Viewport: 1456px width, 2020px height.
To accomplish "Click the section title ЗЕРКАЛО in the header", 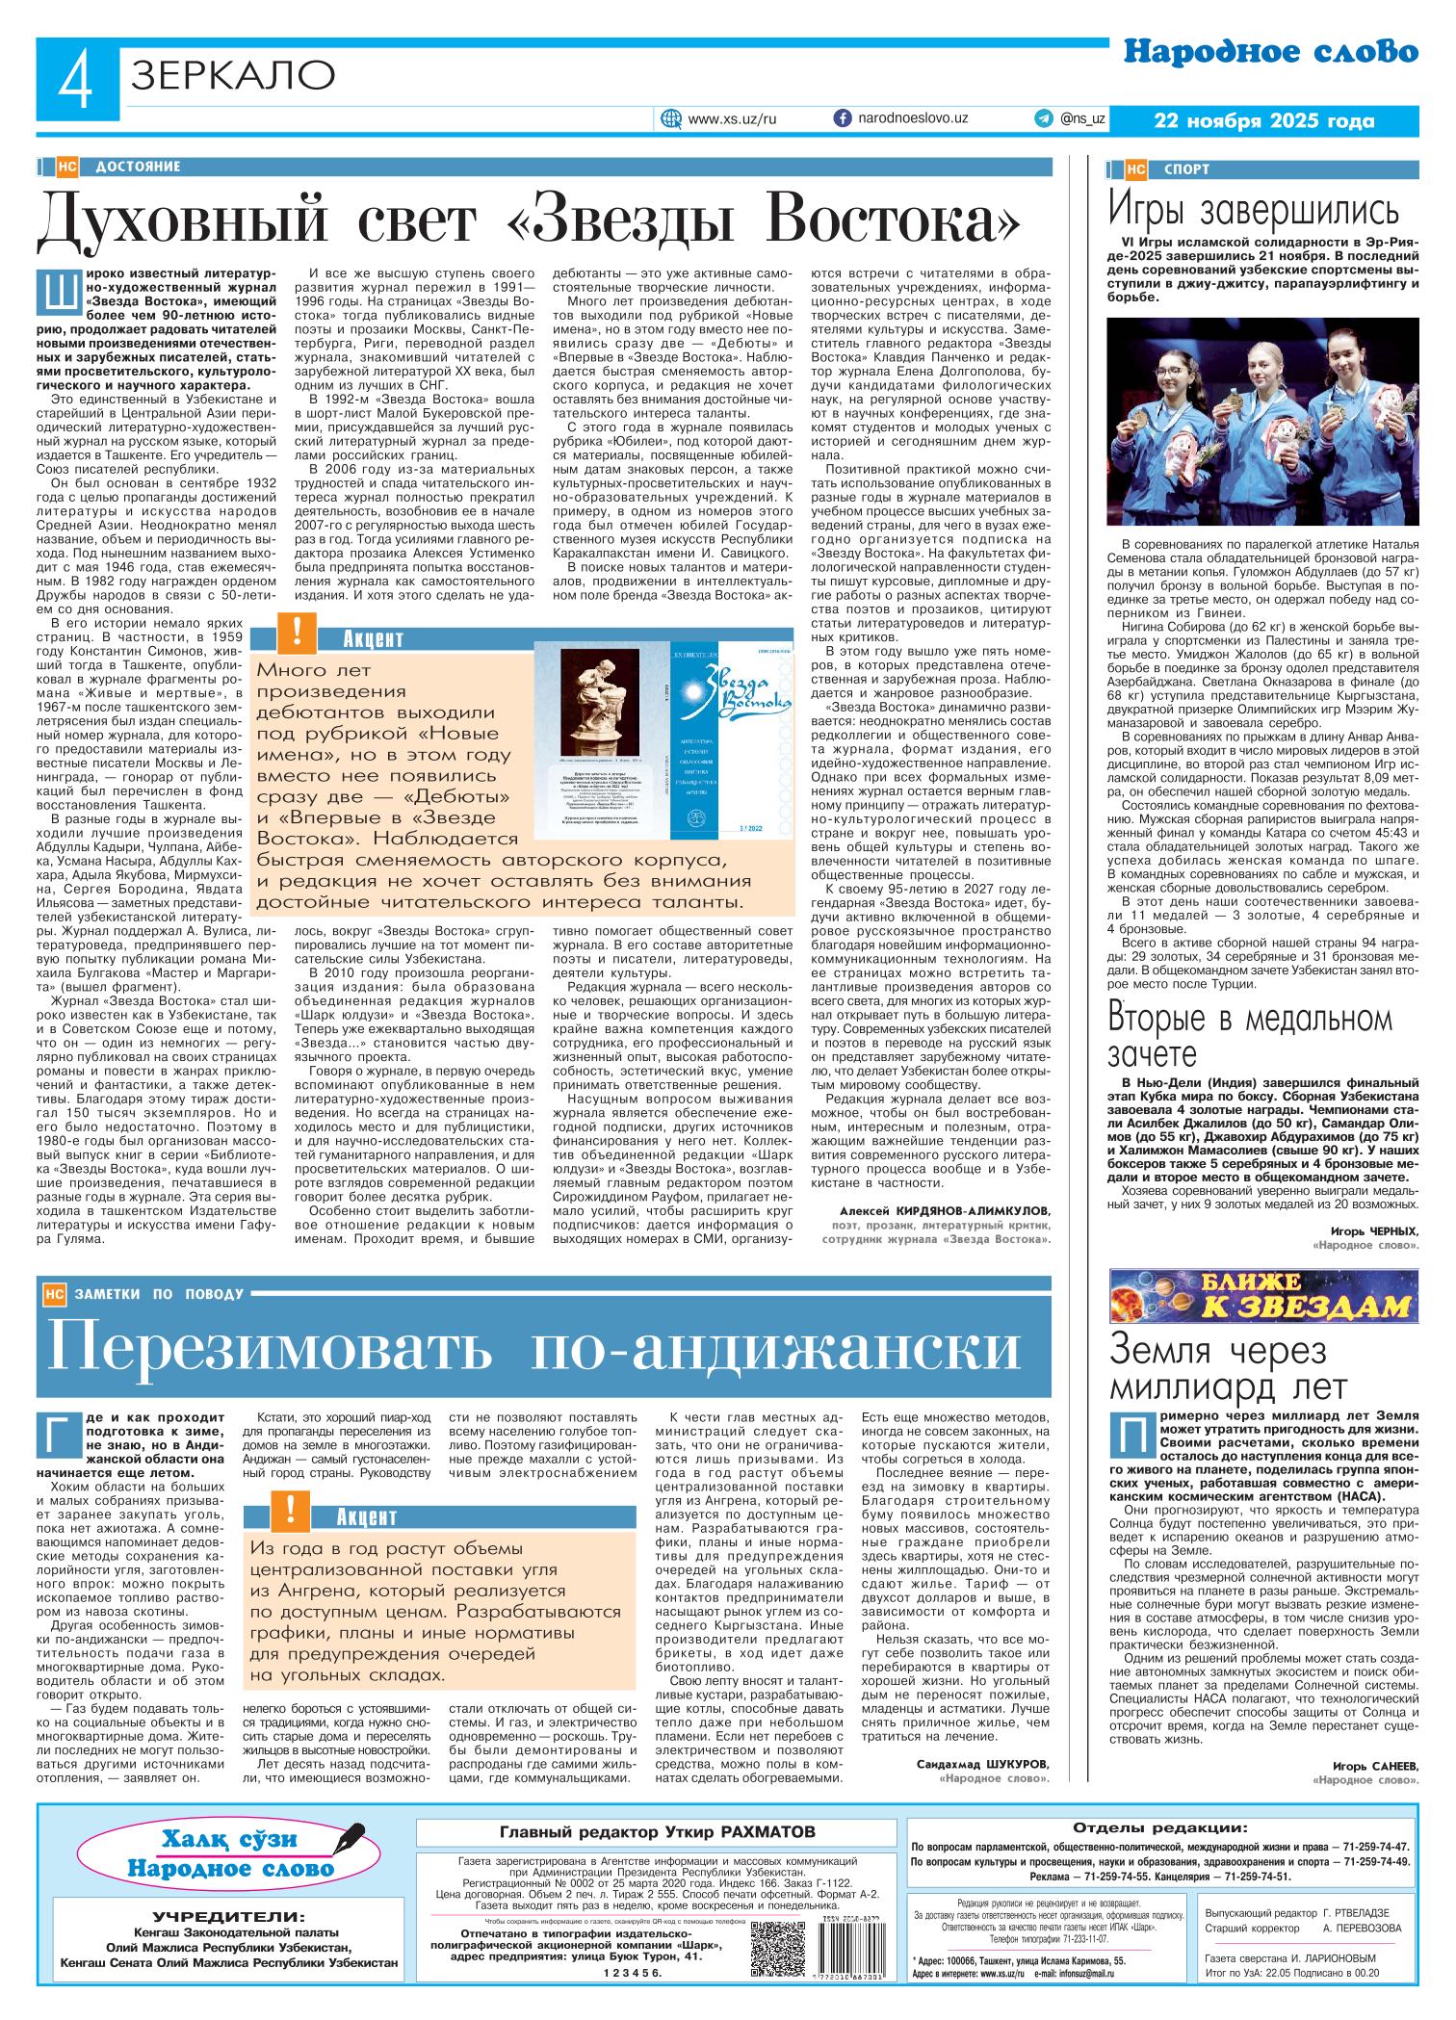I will point(231,74).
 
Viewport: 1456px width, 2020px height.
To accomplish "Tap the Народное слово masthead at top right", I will point(1271,54).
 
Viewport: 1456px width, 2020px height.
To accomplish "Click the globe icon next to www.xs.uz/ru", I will point(671,118).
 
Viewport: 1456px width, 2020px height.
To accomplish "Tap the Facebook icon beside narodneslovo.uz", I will point(841,117).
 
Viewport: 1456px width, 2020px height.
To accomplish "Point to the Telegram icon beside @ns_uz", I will point(1043,118).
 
